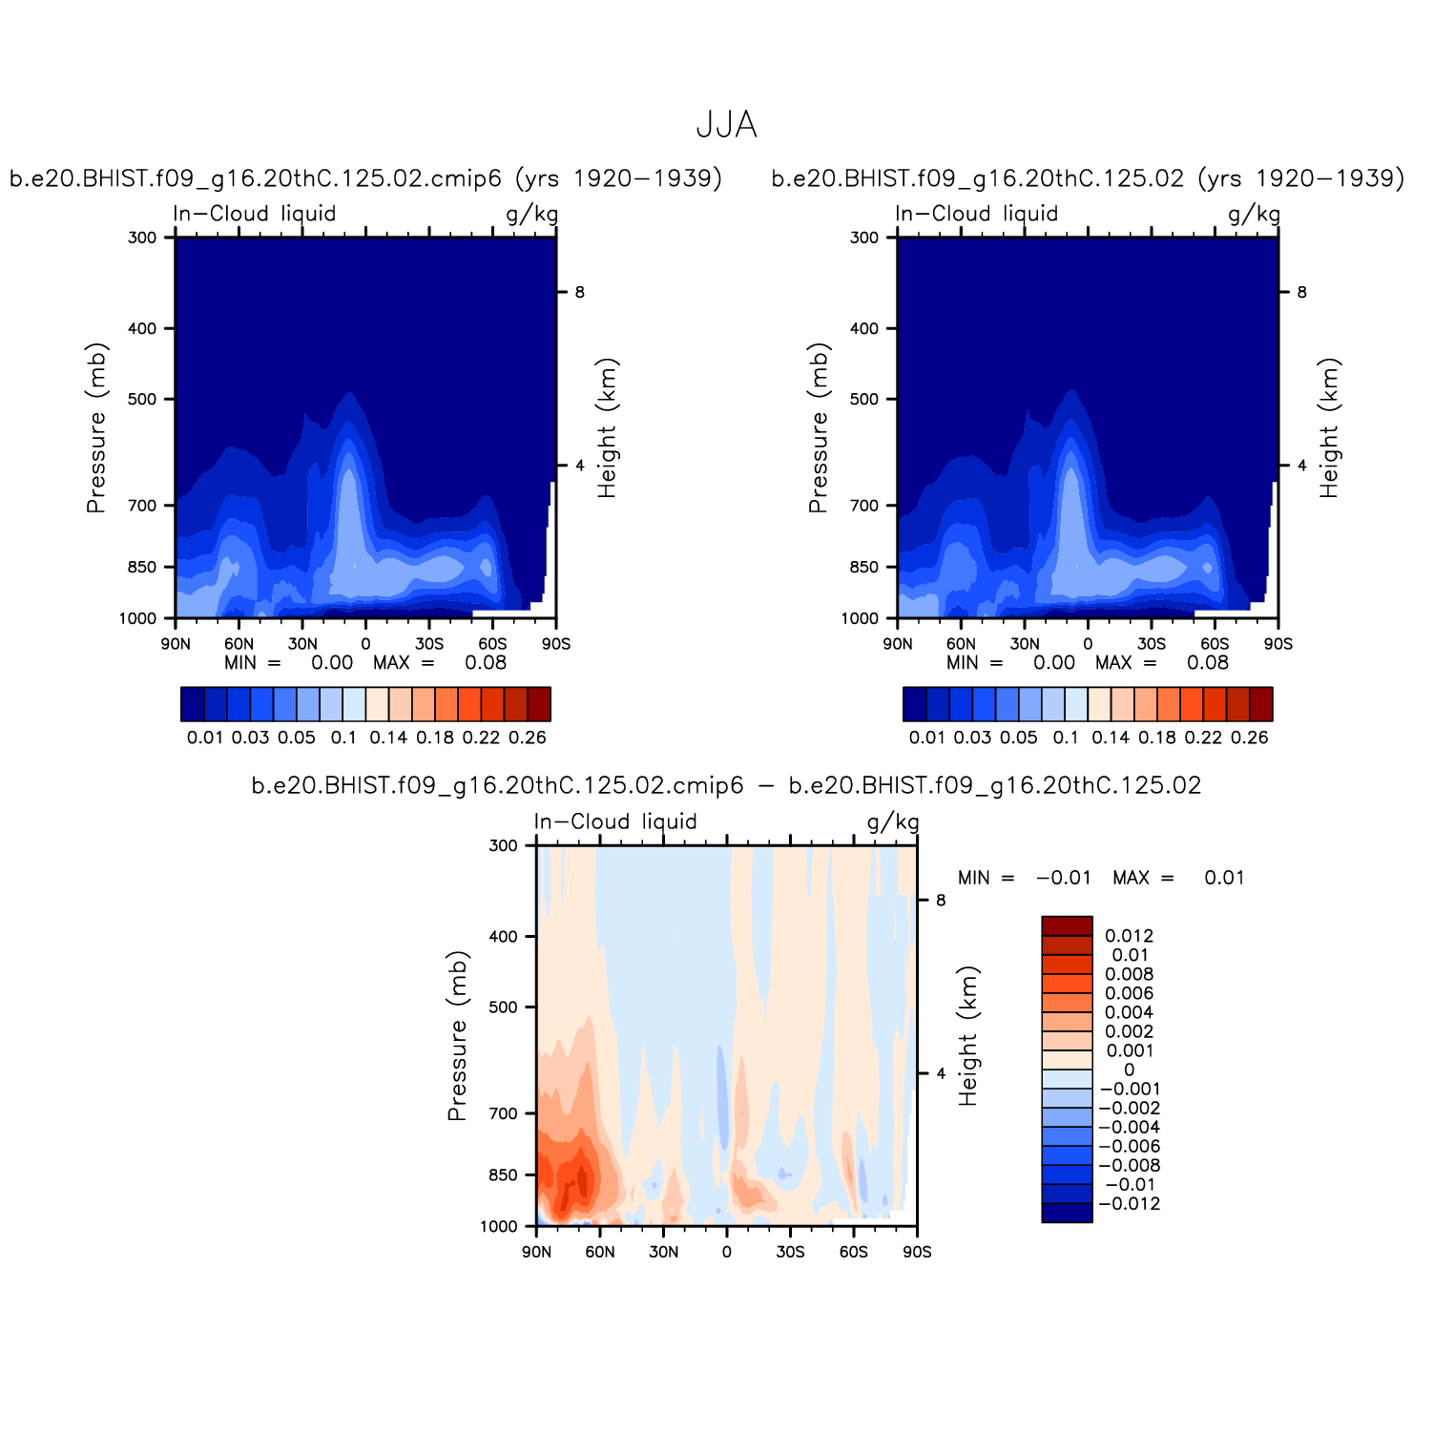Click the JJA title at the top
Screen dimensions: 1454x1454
pyautogui.click(x=726, y=125)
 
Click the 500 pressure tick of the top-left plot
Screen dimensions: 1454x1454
pyautogui.click(x=141, y=399)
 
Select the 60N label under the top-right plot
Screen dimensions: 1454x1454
pyautogui.click(x=961, y=644)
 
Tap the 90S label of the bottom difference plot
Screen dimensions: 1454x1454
pyautogui.click(x=917, y=1252)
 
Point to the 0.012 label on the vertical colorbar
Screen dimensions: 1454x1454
pyautogui.click(x=1129, y=936)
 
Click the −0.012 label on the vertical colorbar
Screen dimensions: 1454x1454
pyautogui.click(x=1129, y=1204)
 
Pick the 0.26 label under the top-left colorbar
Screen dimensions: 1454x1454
pyautogui.click(x=528, y=737)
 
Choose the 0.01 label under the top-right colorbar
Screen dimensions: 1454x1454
pyautogui.click(x=926, y=737)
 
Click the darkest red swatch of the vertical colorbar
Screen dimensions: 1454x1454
pyautogui.click(x=1067, y=925)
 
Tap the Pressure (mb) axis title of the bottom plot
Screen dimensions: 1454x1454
pyautogui.click(x=457, y=1035)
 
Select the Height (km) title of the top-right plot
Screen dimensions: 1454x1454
pyautogui.click(x=1330, y=427)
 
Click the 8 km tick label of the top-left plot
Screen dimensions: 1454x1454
pyautogui.click(x=579, y=292)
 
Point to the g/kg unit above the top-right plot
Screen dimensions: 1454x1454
pyautogui.click(x=1254, y=214)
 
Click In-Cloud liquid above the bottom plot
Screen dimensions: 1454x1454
pyautogui.click(x=615, y=821)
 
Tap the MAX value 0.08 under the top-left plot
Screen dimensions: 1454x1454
pyautogui.click(x=486, y=663)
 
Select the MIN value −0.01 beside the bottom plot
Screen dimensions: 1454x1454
pyautogui.click(x=1063, y=878)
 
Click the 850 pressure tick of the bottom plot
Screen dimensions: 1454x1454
pyautogui.click(x=503, y=1175)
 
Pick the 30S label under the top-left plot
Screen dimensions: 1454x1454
pyautogui.click(x=429, y=644)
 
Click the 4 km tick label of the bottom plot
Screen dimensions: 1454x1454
pyautogui.click(x=941, y=1073)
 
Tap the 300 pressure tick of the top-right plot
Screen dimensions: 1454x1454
pyautogui.click(x=863, y=238)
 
